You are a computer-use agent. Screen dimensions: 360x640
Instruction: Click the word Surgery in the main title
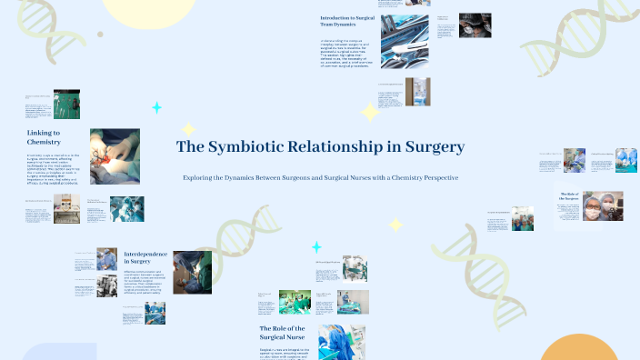coord(431,146)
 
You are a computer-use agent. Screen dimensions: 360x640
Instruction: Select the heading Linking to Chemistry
coord(44,137)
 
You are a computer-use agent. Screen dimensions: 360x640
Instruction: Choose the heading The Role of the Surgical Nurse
coord(285,334)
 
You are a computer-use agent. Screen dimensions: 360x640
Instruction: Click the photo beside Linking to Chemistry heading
coord(115,156)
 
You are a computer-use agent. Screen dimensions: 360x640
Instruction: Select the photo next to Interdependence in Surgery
coord(192,272)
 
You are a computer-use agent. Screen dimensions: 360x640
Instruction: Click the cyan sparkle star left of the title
coord(156,108)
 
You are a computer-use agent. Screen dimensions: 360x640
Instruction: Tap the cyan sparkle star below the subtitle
coord(316,247)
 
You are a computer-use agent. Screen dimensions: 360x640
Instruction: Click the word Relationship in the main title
coord(332,146)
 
